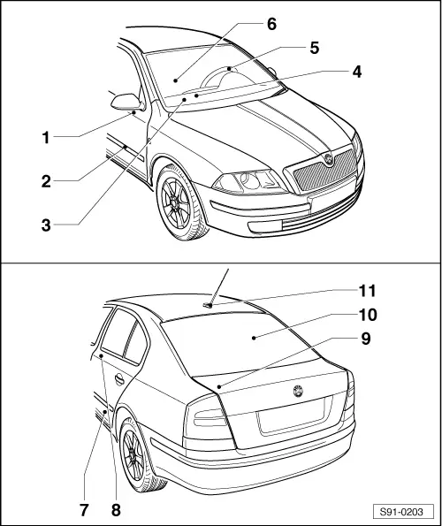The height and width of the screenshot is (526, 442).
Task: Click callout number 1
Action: click(46, 137)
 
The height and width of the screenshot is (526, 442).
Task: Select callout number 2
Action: click(46, 181)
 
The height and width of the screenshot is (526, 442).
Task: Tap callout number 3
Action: click(46, 225)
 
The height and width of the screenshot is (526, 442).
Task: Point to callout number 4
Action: click(356, 72)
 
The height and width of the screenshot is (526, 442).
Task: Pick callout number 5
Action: click(314, 47)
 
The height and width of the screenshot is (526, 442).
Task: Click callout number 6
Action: click(271, 24)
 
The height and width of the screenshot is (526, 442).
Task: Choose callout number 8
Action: click(116, 509)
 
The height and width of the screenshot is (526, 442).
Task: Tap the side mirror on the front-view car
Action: click(125, 100)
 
